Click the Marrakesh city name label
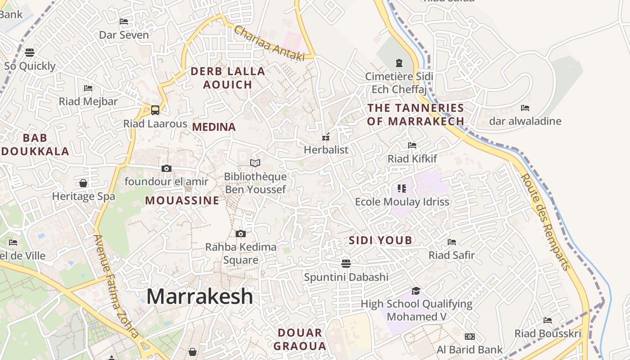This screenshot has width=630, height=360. point(200,297)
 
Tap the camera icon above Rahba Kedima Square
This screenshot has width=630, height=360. point(241,234)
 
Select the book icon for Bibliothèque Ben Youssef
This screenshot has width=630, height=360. point(255,163)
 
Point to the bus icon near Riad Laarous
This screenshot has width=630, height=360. point(155,109)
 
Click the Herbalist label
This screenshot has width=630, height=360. point(326,149)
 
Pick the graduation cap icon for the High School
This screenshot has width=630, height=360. point(416,291)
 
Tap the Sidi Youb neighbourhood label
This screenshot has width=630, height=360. point(381,240)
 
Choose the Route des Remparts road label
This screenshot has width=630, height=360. point(545,221)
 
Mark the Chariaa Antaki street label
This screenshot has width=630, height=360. point(269,44)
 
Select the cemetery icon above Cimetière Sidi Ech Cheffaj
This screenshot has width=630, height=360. point(399,63)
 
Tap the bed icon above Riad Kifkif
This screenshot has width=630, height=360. point(412,145)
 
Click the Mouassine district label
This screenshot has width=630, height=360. point(182,201)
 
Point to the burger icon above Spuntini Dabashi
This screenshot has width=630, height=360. point(346,263)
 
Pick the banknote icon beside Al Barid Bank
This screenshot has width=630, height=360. point(470,337)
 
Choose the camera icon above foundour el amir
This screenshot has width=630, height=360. point(166,168)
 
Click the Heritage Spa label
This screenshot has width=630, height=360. point(84,196)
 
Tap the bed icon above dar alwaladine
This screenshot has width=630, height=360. point(525,108)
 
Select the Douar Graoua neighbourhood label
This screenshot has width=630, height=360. point(300,339)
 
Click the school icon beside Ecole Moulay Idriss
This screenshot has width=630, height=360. point(402,188)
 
